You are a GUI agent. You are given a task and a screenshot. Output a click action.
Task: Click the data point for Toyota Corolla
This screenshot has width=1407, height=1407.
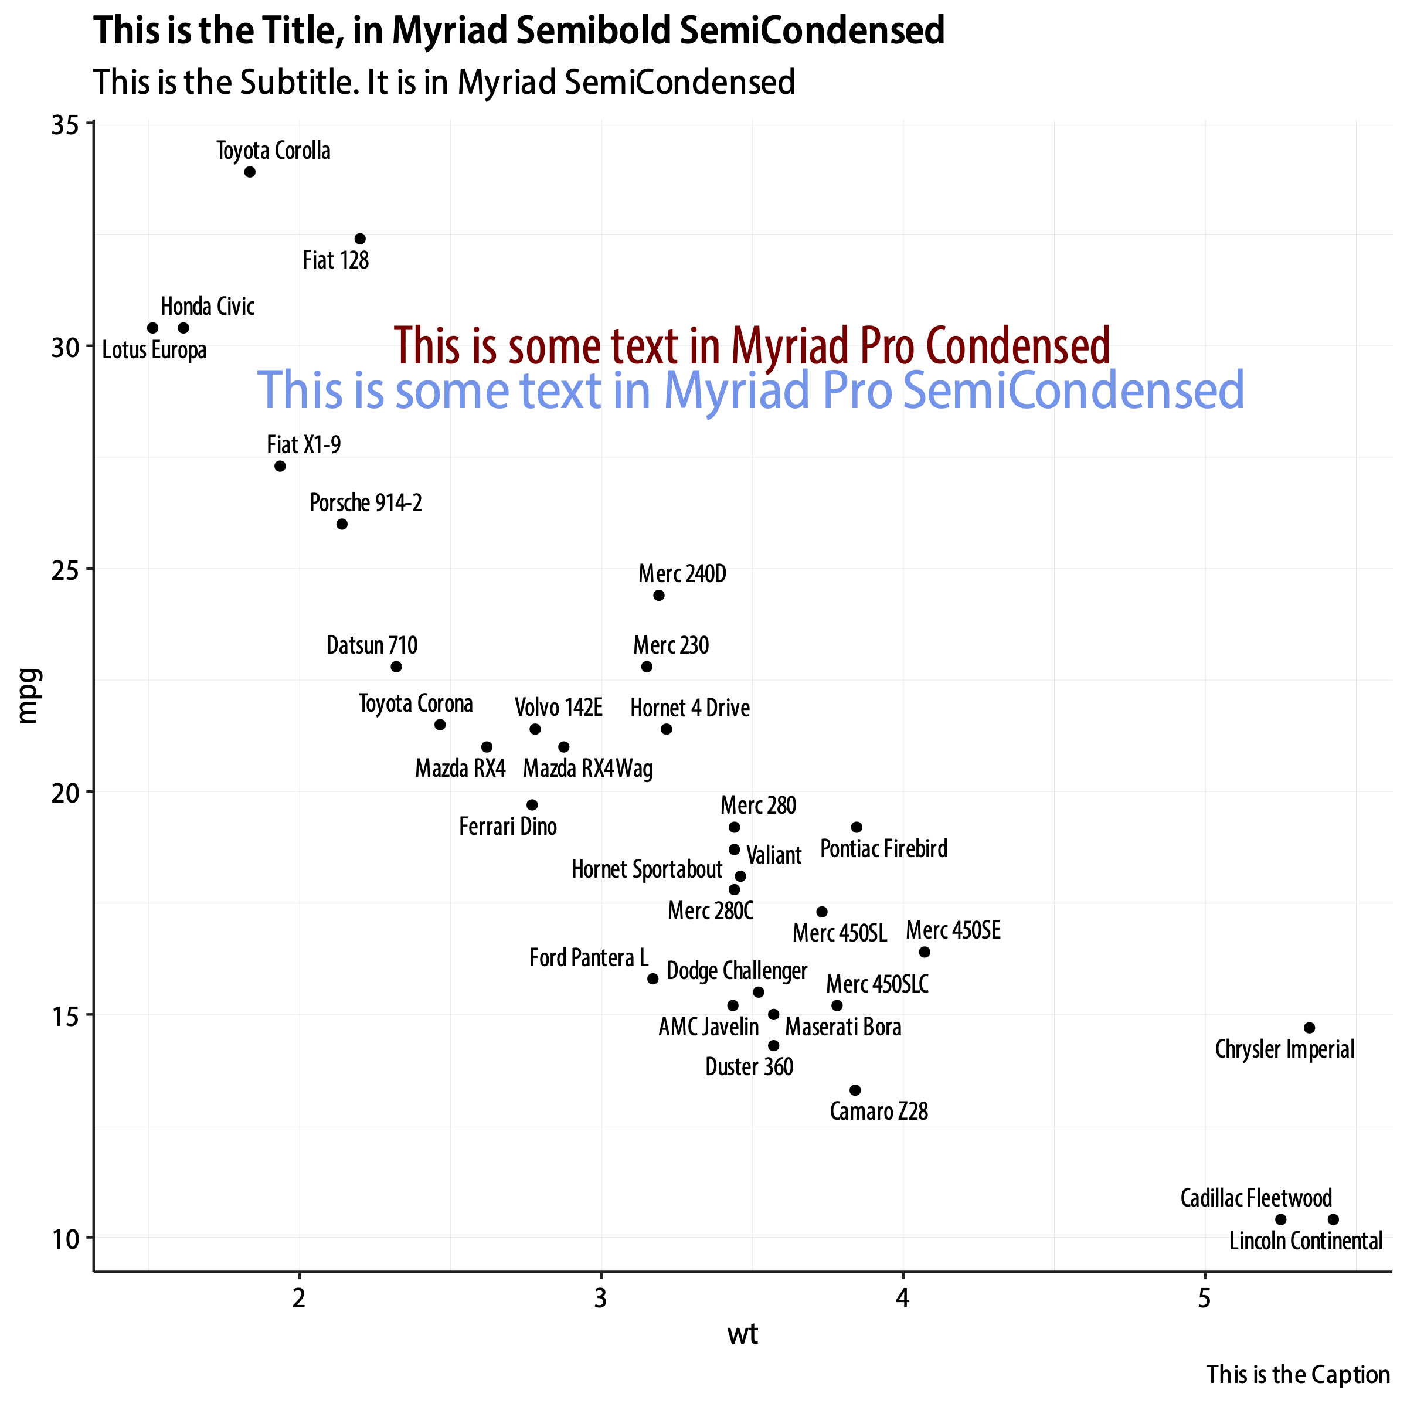click(250, 172)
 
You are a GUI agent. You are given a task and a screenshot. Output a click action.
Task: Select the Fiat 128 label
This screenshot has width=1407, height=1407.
click(336, 260)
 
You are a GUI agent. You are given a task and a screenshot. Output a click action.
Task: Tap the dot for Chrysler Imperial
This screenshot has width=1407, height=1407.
click(1310, 1028)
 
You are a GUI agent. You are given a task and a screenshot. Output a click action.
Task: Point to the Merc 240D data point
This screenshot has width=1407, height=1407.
click(658, 596)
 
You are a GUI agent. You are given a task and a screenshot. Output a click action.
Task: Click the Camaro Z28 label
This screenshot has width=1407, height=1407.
click(878, 1112)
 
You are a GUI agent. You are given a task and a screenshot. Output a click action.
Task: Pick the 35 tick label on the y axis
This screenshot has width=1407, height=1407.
click(65, 125)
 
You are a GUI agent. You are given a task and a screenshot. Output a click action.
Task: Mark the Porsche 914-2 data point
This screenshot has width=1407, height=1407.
click(342, 524)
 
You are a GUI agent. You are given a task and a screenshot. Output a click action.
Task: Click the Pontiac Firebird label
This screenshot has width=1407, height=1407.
click(883, 849)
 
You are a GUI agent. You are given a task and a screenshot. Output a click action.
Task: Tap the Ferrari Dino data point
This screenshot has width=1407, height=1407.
click(532, 805)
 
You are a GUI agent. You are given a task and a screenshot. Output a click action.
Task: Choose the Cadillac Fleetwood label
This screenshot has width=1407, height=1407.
click(1256, 1198)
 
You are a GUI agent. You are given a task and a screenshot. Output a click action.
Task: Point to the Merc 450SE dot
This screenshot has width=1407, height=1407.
click(924, 952)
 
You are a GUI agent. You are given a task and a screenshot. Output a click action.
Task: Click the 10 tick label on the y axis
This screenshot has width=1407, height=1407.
click(65, 1238)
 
